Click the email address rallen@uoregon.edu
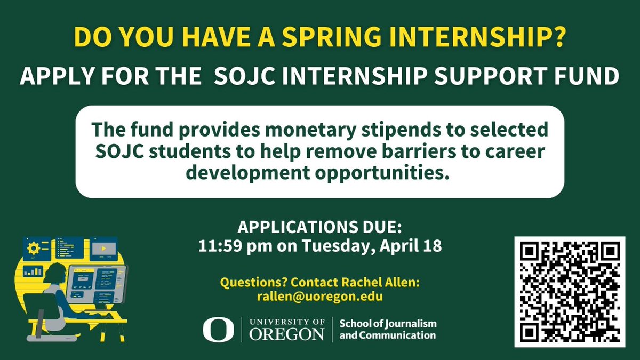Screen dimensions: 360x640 319,297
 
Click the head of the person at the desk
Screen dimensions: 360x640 58,277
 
